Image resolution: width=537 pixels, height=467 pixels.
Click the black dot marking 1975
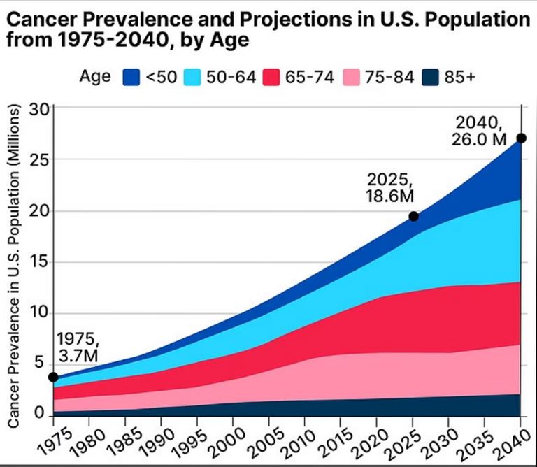(53, 378)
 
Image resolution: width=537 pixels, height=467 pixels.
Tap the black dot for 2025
(413, 217)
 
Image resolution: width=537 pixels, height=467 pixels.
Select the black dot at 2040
(520, 138)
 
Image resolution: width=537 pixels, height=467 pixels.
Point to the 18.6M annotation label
(389, 196)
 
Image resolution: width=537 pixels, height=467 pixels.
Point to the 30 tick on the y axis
(39, 109)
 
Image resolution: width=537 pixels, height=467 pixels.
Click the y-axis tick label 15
(39, 262)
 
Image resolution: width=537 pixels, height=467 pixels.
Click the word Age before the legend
(95, 76)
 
